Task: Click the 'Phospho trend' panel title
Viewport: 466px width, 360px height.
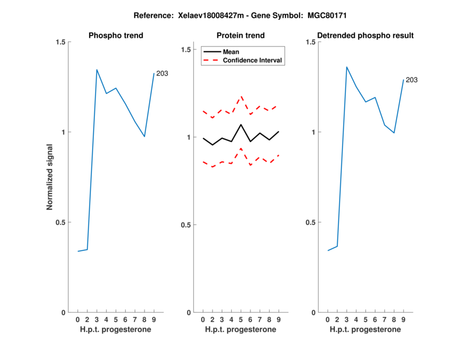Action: (115, 36)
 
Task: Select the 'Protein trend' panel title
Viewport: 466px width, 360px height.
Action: (241, 36)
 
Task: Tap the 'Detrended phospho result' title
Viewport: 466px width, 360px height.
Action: (365, 36)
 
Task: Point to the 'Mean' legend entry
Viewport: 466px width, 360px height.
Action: (231, 52)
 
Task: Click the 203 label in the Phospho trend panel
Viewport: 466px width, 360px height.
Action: (162, 73)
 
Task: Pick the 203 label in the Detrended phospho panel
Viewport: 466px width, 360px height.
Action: (412, 80)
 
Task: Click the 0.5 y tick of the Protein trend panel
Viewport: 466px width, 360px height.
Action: (186, 225)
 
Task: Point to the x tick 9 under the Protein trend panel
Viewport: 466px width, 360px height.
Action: (279, 320)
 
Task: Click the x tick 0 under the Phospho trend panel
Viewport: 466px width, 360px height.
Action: (78, 320)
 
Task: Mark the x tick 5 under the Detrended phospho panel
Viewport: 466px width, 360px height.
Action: (366, 320)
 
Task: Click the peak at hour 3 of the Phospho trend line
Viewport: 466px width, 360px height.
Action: (97, 69)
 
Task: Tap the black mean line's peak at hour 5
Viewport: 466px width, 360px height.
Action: (241, 124)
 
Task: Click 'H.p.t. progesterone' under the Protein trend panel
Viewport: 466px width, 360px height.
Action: (241, 330)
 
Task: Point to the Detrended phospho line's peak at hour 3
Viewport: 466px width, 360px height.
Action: (347, 67)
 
